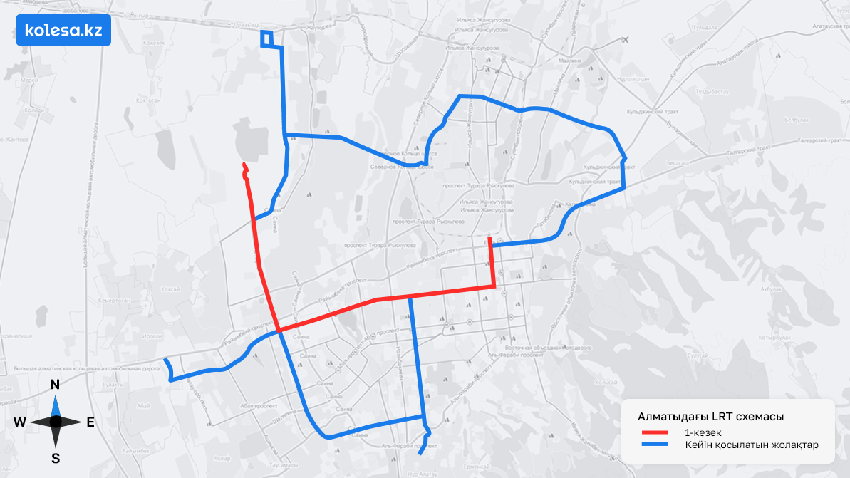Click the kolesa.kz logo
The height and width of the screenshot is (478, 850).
(63, 31)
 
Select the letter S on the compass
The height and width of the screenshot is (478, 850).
(55, 457)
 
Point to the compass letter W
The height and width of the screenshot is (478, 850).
(19, 422)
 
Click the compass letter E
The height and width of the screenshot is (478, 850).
(90, 422)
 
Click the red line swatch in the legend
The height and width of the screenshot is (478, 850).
(653, 432)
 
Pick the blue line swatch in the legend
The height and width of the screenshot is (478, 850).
(653, 445)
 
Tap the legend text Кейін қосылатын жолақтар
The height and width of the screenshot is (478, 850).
(751, 445)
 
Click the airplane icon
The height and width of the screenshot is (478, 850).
(625, 39)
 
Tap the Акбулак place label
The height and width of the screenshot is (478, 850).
(771, 289)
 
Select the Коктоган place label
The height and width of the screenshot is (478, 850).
(146, 101)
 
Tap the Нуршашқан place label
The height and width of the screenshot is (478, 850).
(634, 79)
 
